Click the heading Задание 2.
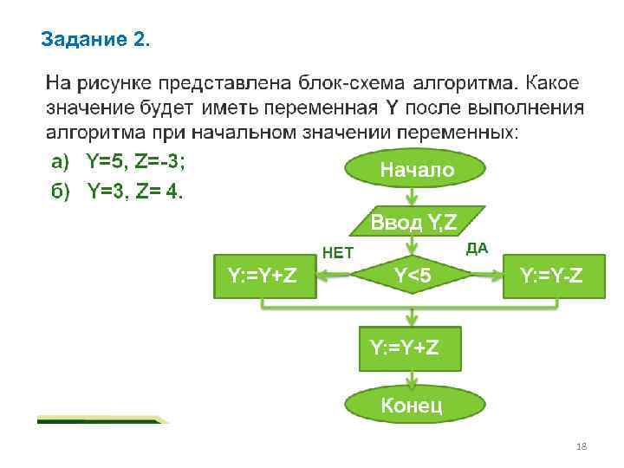tap(95, 39)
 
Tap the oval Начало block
tap(416, 170)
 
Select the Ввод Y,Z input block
tap(417, 222)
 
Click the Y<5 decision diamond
tap(413, 276)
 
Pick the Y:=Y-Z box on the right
tap(550, 276)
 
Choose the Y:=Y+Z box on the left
tap(263, 276)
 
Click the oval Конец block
tap(412, 405)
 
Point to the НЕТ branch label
tap(338, 253)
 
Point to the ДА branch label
tap(478, 249)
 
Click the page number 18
tap(582, 446)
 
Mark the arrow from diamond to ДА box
tap(490, 276)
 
